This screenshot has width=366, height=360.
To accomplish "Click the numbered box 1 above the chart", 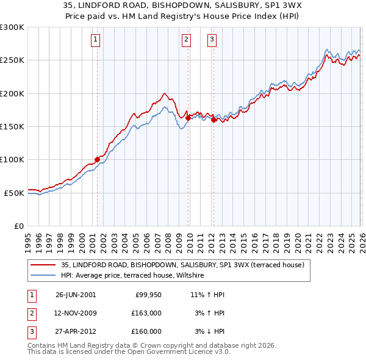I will tap(96, 40).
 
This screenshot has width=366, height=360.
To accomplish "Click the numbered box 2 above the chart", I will tap(186, 40).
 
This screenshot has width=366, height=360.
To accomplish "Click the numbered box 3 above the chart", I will tap(212, 40).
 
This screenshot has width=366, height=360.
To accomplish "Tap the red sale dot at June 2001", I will tap(97, 160).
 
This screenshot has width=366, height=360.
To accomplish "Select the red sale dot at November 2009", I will tap(188, 118).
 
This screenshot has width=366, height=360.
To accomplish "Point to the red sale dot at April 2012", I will tap(214, 120).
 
